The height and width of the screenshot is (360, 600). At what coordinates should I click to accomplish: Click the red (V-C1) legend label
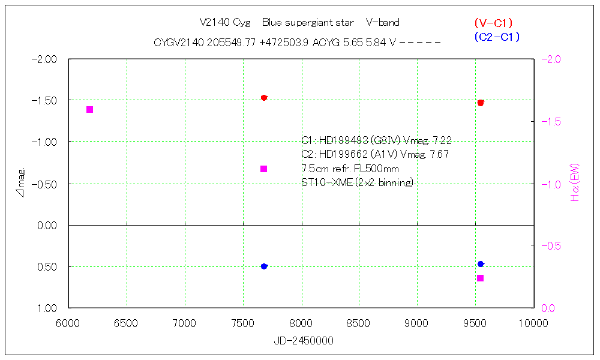point(493,23)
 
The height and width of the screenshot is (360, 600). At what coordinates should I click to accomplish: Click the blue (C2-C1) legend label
point(496,37)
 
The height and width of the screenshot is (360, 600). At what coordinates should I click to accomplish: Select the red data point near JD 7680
point(264,98)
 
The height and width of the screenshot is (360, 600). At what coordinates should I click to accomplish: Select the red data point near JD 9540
point(481,103)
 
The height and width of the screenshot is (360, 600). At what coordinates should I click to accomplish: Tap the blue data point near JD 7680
point(264,266)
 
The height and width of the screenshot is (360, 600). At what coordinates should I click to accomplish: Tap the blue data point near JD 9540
point(481,264)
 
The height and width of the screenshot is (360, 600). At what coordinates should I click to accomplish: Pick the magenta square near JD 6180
point(90,109)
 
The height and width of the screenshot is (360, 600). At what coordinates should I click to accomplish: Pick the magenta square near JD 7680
point(263,169)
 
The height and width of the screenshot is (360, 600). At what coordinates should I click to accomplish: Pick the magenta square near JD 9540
point(480,278)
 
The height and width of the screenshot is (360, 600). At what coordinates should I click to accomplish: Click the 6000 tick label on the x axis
point(68,323)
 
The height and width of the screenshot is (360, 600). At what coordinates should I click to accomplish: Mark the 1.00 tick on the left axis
point(46,308)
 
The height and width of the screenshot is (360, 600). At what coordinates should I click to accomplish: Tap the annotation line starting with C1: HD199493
point(376,140)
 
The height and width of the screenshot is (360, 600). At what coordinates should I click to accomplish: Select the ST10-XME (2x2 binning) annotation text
point(357,182)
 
